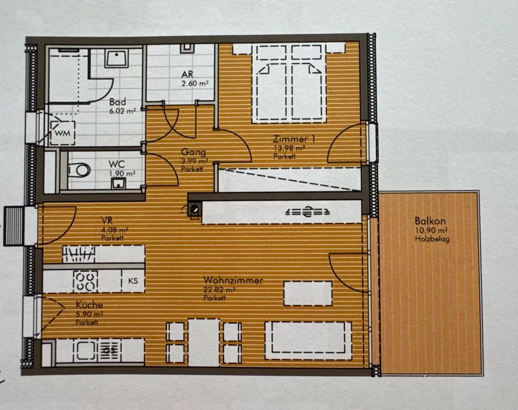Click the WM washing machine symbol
click(62, 133)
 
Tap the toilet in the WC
click(79, 170)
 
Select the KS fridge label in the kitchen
click(133, 281)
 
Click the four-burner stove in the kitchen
click(86, 281)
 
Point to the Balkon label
click(430, 221)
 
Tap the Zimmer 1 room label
click(294, 139)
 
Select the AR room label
click(188, 74)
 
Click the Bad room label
click(117, 102)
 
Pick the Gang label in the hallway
click(194, 152)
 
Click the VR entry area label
click(107, 220)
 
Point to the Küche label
click(89, 305)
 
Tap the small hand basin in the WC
click(118, 183)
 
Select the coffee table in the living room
click(308, 293)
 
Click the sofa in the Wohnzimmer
click(308, 340)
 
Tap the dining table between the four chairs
click(204, 343)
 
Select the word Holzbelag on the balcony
click(432, 239)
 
